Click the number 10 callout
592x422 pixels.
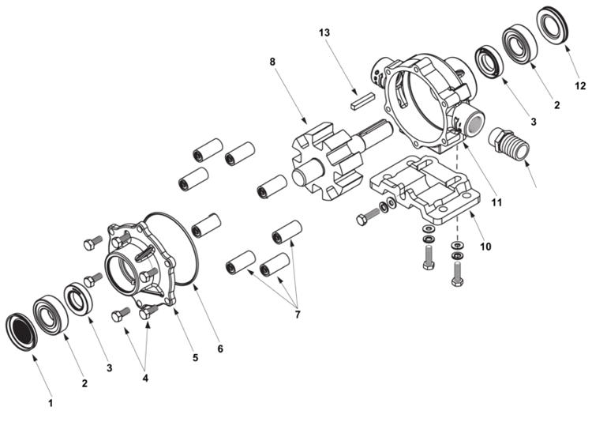(x=485, y=247)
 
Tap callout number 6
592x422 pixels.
(x=220, y=349)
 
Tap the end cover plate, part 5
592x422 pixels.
(x=142, y=265)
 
